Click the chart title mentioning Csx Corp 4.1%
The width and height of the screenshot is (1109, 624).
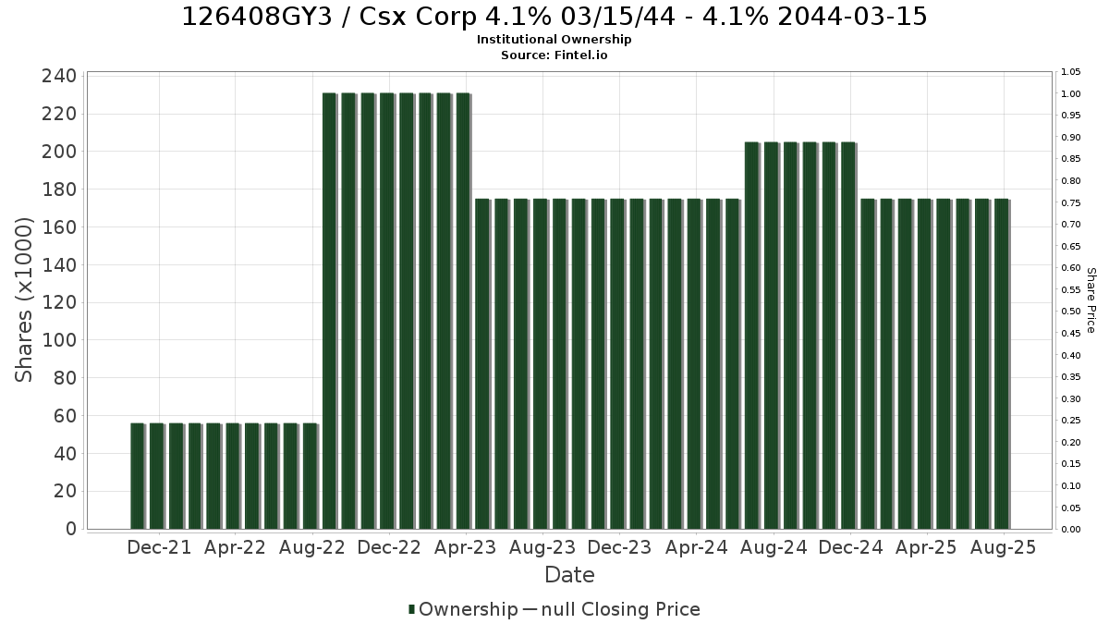coord(554,17)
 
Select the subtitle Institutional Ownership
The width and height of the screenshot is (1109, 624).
coord(554,40)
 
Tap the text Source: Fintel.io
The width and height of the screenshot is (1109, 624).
coord(554,55)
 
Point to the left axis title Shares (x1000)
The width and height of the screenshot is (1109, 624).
coord(23,300)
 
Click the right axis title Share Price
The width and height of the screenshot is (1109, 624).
coord(1091,300)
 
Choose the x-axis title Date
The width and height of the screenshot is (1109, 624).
coord(569,575)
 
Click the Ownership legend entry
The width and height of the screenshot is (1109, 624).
coord(463,609)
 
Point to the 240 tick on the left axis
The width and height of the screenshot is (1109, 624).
coord(59,76)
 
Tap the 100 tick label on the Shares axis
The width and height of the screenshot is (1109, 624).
coord(59,340)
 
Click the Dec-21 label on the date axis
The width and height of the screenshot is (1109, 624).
coord(159,547)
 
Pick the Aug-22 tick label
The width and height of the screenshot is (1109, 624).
coord(312,547)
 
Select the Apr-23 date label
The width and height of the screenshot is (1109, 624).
coord(466,547)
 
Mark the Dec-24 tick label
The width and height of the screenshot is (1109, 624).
coord(850,547)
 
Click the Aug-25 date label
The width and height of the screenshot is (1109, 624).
coord(1003,547)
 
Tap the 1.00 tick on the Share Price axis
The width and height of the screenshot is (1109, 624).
coord(1070,94)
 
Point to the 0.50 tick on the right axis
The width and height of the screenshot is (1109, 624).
coord(1070,312)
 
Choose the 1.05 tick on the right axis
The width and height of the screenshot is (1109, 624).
coord(1070,72)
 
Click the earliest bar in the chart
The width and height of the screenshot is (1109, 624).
coord(137,476)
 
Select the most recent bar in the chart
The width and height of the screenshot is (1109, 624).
coord(1002,364)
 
